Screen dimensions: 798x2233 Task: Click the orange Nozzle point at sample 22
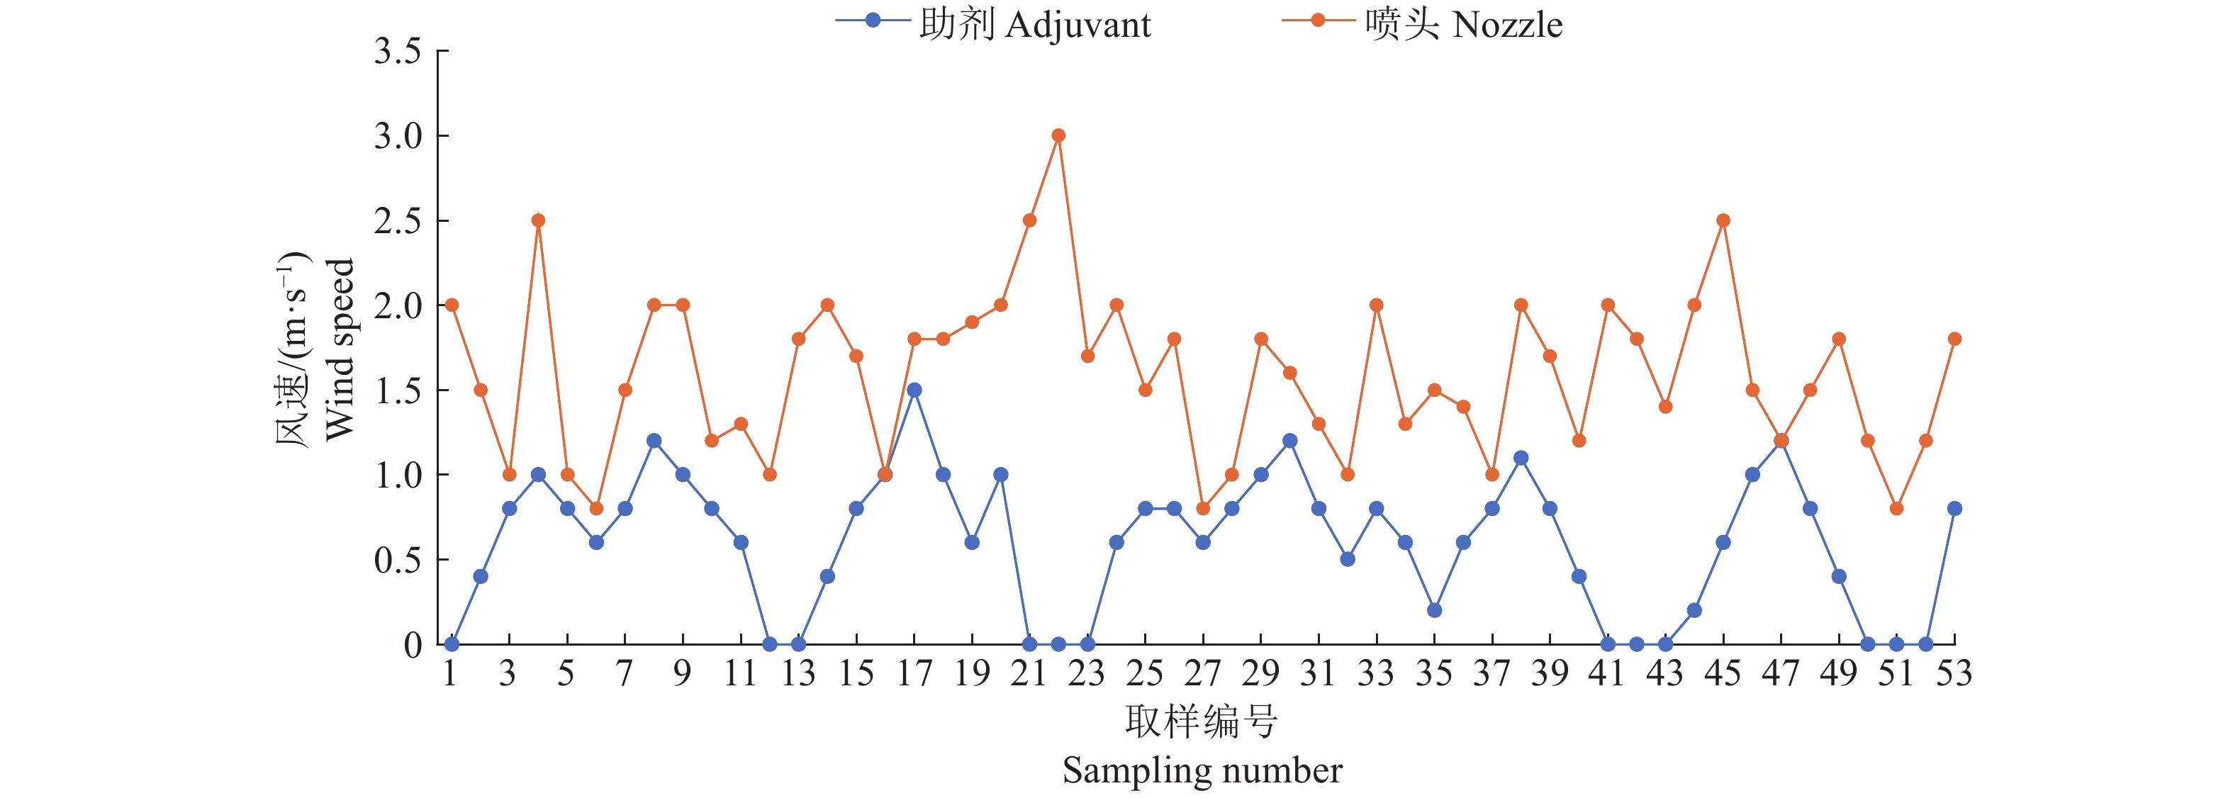pos(1058,135)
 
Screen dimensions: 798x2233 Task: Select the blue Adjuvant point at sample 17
pos(914,390)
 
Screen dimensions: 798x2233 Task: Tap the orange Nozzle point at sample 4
pos(538,220)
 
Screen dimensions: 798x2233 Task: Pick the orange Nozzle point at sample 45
pos(1723,220)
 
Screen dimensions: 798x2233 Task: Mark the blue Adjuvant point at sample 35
pos(1435,610)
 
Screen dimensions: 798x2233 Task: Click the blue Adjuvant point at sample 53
pos(1954,509)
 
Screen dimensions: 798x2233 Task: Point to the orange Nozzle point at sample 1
pos(452,305)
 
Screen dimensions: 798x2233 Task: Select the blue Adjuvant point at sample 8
pos(654,441)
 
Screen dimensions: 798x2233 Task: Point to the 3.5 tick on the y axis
pos(398,51)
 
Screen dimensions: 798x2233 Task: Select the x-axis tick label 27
pos(1202,673)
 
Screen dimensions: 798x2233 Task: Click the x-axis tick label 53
pos(1954,673)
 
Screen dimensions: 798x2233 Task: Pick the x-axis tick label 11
pos(740,673)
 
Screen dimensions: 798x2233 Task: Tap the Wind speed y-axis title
pos(339,349)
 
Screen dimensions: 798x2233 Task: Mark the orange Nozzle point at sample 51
pos(1897,509)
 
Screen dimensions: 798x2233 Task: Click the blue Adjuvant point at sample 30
pos(1290,441)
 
